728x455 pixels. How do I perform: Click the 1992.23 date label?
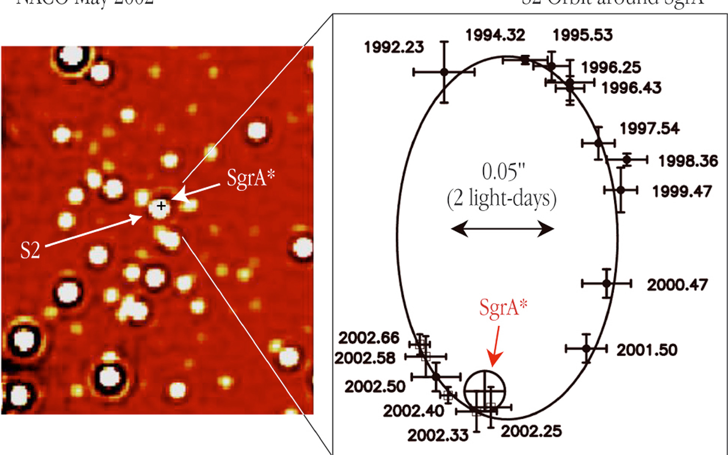coord(394,47)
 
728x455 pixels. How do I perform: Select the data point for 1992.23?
coord(444,72)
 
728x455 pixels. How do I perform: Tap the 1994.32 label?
coord(495,35)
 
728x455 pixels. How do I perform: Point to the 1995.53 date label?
coord(583,35)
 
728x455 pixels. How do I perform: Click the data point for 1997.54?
coord(598,143)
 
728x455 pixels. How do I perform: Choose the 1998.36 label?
coord(688,161)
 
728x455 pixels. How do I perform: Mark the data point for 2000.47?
coord(607,283)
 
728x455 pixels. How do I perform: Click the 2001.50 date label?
coord(647,350)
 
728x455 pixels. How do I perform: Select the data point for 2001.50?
coord(587,348)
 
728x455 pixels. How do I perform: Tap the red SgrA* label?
coord(503,307)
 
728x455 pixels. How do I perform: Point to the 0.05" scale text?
coord(504,172)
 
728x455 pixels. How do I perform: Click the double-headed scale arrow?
coord(503,229)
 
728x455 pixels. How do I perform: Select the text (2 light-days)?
coord(502,199)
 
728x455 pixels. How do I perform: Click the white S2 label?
coord(30,251)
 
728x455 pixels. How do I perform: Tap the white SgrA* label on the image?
coord(251,177)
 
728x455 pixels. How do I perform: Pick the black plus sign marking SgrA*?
coord(162,206)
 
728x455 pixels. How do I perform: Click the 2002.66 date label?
coord(369,338)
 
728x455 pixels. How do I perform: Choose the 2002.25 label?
coord(531,431)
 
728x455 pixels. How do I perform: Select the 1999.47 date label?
coord(682,191)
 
